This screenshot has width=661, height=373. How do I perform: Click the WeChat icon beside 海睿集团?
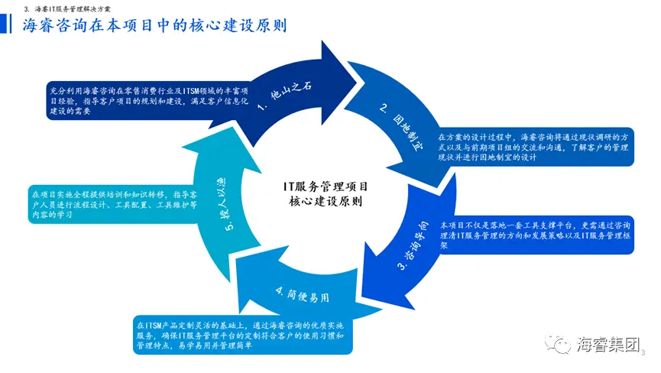point(562,345)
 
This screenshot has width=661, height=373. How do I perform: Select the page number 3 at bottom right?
point(643,352)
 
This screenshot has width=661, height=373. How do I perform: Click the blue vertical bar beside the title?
point(6,25)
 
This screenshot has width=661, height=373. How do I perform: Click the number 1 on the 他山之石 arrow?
point(262,108)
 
